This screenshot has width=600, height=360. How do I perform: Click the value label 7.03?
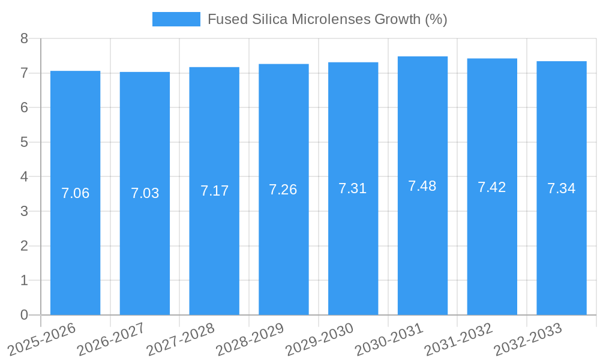click(145, 193)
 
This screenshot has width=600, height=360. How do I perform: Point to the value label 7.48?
click(422, 186)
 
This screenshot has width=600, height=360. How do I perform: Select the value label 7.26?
click(283, 190)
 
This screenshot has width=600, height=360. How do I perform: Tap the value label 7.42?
click(492, 187)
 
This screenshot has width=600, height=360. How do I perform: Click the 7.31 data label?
click(353, 188)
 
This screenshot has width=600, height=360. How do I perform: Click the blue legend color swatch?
click(176, 19)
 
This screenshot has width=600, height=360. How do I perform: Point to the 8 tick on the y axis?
click(24, 38)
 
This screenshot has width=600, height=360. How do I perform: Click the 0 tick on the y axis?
click(24, 315)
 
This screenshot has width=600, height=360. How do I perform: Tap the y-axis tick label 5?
click(24, 142)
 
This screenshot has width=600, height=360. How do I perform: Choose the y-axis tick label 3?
click(24, 211)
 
